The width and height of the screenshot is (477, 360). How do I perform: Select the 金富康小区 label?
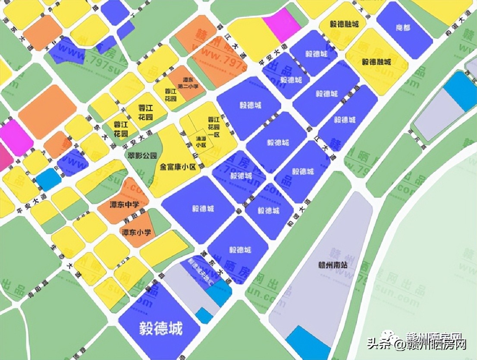[x=178, y=166]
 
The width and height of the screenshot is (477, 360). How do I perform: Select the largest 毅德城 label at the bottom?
[x=161, y=329]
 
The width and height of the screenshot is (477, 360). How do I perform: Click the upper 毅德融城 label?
[x=342, y=24]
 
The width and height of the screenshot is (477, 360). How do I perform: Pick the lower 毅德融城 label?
[x=376, y=62]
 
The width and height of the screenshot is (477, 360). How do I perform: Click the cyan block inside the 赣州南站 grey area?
[x=307, y=344]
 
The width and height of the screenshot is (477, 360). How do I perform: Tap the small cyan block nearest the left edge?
[x=48, y=179]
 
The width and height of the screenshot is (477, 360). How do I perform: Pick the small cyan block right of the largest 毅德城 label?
[x=204, y=315]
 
